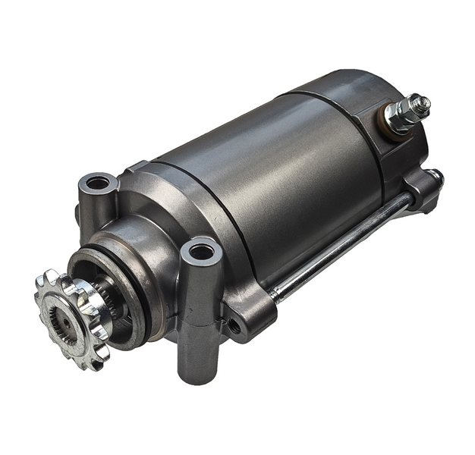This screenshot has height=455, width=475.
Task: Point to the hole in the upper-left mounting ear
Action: (97, 183)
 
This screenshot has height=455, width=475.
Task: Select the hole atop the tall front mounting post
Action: (201, 251)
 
